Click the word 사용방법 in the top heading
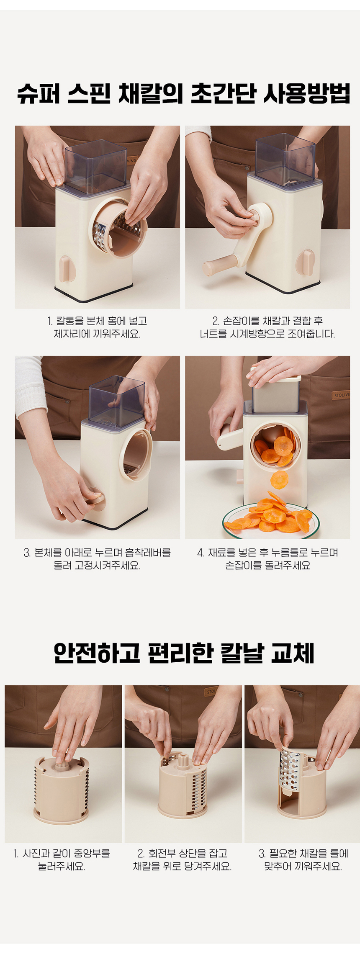click(306, 94)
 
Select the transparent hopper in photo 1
click(96, 167)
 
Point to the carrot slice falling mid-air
click(279, 479)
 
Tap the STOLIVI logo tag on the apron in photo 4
click(341, 395)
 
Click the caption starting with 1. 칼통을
click(97, 327)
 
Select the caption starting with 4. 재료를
click(267, 559)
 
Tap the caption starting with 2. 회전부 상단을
click(182, 859)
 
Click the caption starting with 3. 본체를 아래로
click(97, 559)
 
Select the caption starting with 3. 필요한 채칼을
click(303, 859)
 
